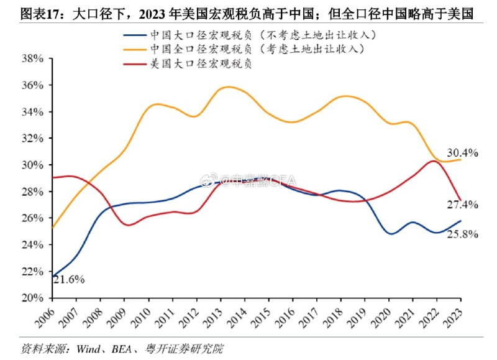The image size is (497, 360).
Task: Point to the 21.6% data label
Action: [68, 279]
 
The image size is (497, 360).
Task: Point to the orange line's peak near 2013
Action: [228, 86]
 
